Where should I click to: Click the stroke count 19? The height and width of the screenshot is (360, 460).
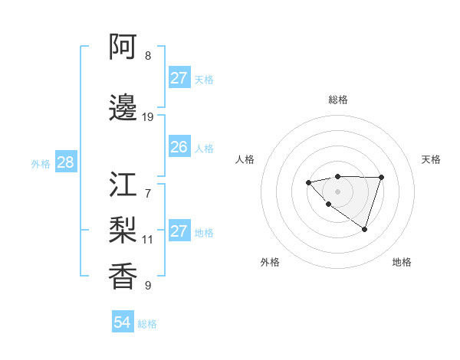148,117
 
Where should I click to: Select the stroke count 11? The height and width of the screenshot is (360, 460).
148,239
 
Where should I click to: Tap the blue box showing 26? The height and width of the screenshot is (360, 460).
179,147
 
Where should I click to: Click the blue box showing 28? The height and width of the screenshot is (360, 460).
65,162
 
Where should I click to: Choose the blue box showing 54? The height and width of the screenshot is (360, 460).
122,322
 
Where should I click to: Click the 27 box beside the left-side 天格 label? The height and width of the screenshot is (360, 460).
179,78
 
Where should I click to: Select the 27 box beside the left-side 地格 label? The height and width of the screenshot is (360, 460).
179,231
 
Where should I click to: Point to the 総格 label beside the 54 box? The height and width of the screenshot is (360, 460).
147,324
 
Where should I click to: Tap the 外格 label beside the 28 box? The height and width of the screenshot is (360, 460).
41,163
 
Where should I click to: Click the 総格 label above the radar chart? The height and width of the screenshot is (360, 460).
338,100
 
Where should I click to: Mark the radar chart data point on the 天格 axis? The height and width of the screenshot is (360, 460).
382,178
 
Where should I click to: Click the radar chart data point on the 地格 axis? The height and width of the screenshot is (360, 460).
365,229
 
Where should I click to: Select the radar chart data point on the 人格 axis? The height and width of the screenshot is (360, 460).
308,182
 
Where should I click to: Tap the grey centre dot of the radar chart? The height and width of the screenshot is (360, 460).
337,191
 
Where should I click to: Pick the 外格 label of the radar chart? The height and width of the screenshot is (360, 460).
270,262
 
